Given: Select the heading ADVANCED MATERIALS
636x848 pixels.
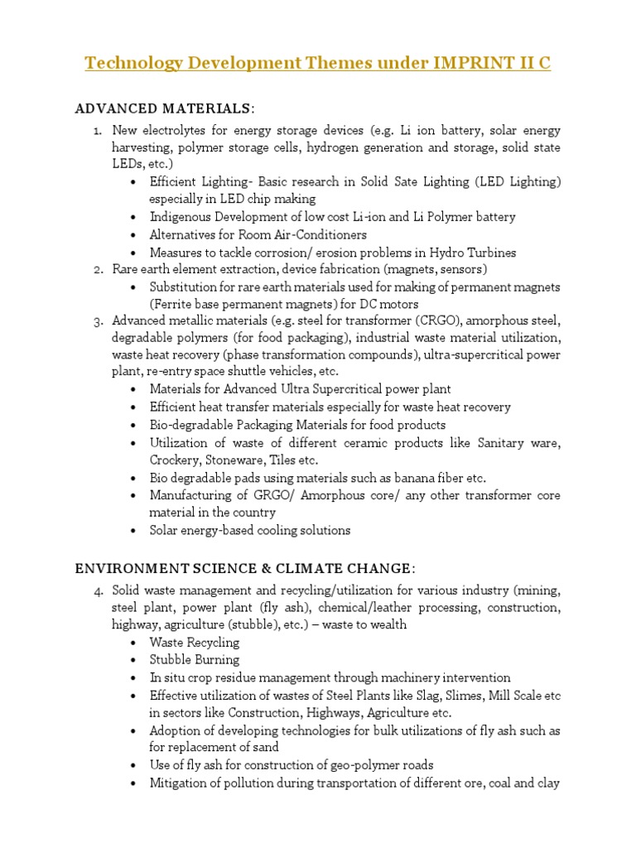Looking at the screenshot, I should tap(163, 108).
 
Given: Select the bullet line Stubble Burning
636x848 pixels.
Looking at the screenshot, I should tap(195, 660).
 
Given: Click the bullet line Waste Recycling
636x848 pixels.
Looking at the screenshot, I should tap(195, 643).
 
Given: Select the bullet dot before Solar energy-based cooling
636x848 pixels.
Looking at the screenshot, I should tap(134, 531).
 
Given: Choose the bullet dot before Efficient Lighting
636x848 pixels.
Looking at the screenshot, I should tap(134, 182).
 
